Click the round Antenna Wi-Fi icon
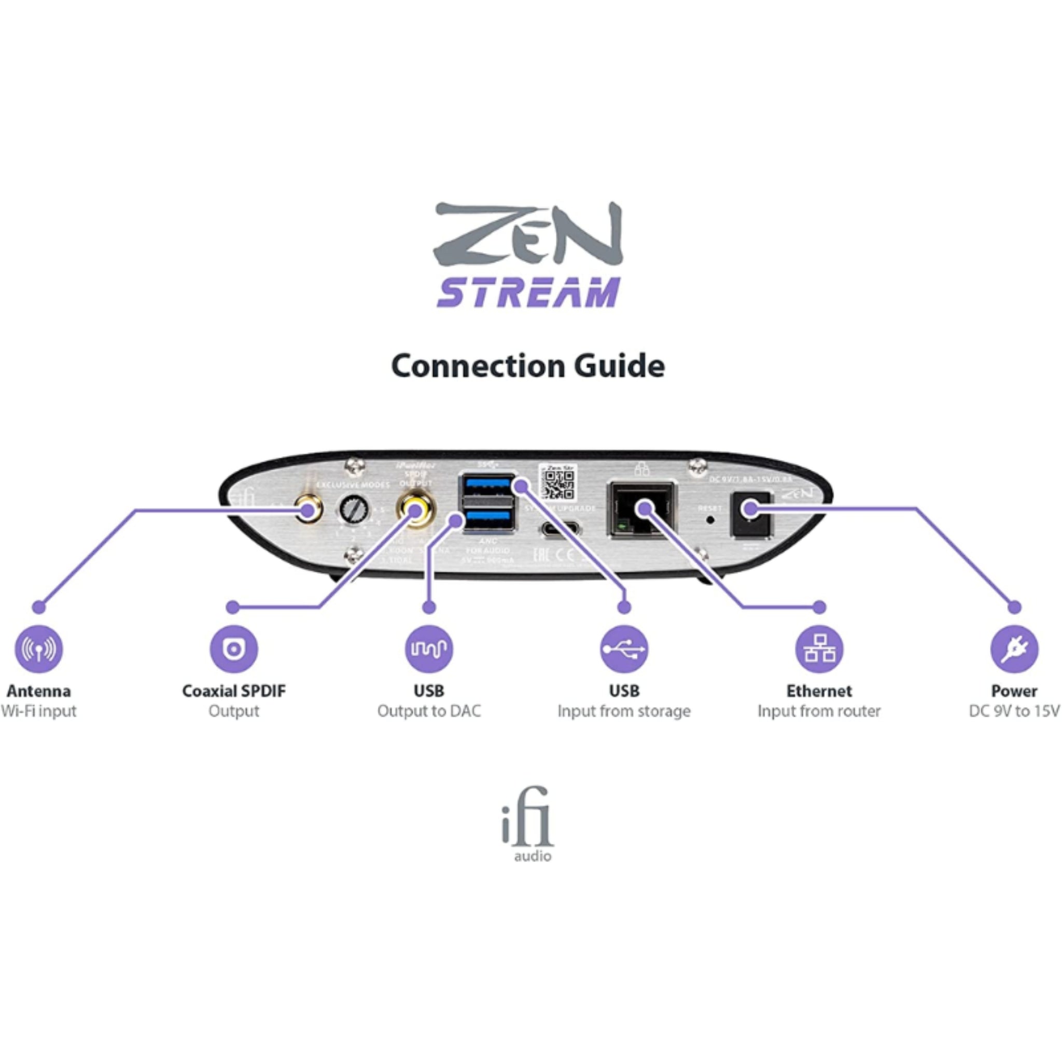click(x=38, y=649)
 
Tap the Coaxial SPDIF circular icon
click(x=234, y=649)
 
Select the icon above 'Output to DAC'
click(x=429, y=649)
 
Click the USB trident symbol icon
click(x=624, y=649)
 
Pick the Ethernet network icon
click(x=819, y=649)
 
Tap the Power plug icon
click(x=1014, y=649)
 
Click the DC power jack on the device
click(x=750, y=513)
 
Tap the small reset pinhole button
click(x=711, y=519)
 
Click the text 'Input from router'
click(x=819, y=711)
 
